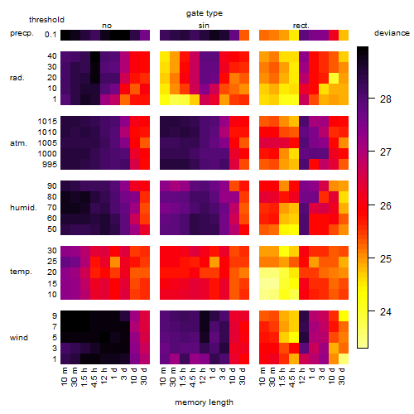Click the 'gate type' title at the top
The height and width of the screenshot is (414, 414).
[205, 13]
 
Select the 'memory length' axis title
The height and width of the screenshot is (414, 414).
[204, 402]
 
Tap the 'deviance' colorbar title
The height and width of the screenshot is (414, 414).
[392, 33]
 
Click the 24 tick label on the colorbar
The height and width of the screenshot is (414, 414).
[386, 312]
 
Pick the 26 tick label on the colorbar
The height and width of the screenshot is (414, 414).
[386, 205]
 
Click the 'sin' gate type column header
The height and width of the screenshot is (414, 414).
[204, 26]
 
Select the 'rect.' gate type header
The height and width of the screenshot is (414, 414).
[301, 26]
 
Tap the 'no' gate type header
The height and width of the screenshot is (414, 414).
[107, 26]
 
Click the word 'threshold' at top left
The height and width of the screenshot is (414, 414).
[46, 20]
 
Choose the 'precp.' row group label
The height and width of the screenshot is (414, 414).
[22, 33]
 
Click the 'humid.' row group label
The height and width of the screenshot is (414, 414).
[23, 208]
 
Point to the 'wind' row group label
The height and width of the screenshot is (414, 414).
[19, 338]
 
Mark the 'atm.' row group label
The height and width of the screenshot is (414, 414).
[18, 143]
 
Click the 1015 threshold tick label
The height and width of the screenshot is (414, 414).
[47, 122]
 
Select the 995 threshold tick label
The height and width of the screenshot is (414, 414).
[50, 165]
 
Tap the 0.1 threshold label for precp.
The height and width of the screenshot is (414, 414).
[51, 35]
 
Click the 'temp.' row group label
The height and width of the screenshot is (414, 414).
[21, 272]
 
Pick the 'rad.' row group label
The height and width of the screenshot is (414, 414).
[17, 78]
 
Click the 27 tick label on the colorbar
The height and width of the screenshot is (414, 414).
[386, 152]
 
